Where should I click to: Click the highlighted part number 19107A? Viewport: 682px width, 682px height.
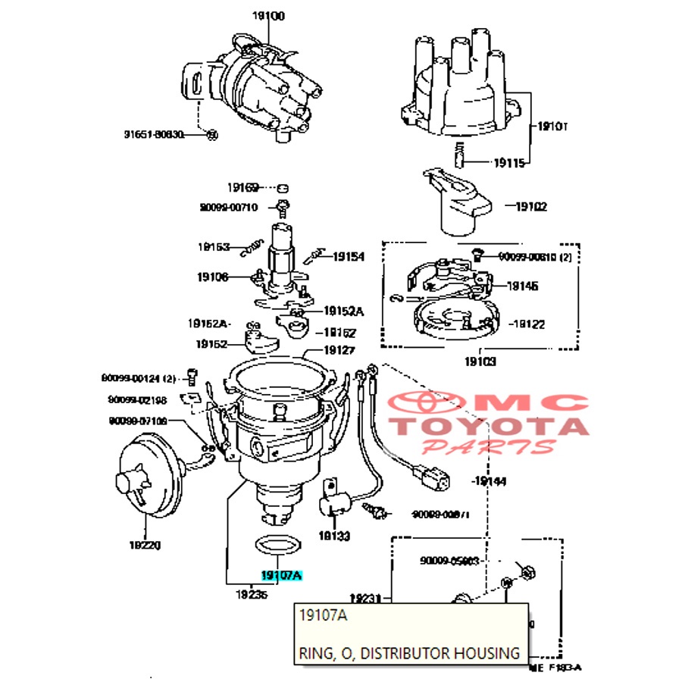point(281,576)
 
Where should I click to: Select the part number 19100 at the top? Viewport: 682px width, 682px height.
point(269,16)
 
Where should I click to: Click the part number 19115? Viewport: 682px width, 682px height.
point(509,162)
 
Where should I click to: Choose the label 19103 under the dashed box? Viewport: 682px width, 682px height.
point(480,362)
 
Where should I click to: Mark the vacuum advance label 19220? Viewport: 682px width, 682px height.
point(145,545)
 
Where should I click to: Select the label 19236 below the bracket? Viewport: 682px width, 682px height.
point(251,595)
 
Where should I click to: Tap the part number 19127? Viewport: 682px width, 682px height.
point(339,351)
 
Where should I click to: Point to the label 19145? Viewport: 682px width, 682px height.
point(522,286)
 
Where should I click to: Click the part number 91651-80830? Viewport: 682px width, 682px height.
point(154,135)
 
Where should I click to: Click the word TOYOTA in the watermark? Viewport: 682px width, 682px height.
point(490,427)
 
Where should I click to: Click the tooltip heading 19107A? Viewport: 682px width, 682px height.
point(323,616)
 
